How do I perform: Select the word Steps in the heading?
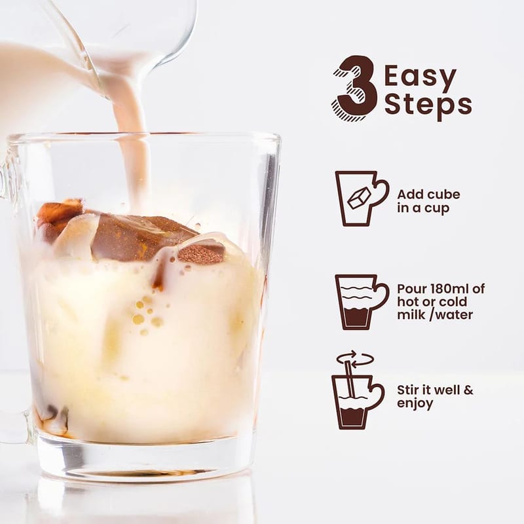[428, 105]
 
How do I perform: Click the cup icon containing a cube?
[362, 198]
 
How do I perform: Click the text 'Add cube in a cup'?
[428, 201]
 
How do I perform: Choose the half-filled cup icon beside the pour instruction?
[362, 301]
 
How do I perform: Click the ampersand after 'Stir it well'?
[469, 390]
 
